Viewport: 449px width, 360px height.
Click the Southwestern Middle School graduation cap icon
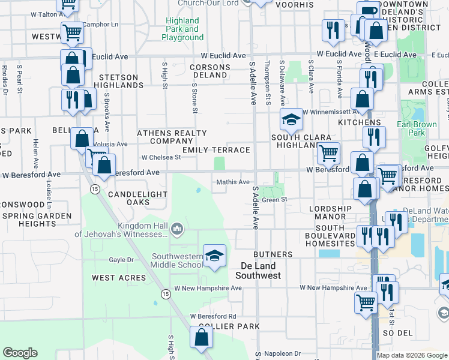(x=214, y=256)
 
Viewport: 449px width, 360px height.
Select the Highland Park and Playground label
(x=182, y=29)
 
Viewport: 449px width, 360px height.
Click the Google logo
(x=20, y=353)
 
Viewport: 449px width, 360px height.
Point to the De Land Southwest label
(x=258, y=271)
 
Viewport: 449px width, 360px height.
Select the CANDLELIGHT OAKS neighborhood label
(x=137, y=199)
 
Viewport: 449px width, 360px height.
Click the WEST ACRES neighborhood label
(x=119, y=278)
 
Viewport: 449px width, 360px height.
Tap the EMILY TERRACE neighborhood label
(x=216, y=150)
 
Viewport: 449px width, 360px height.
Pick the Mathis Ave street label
(x=233, y=182)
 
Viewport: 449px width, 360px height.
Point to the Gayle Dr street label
(x=121, y=260)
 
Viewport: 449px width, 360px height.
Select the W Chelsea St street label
(x=161, y=158)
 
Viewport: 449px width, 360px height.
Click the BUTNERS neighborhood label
(x=273, y=254)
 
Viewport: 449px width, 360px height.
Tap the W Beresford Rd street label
(x=213, y=316)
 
